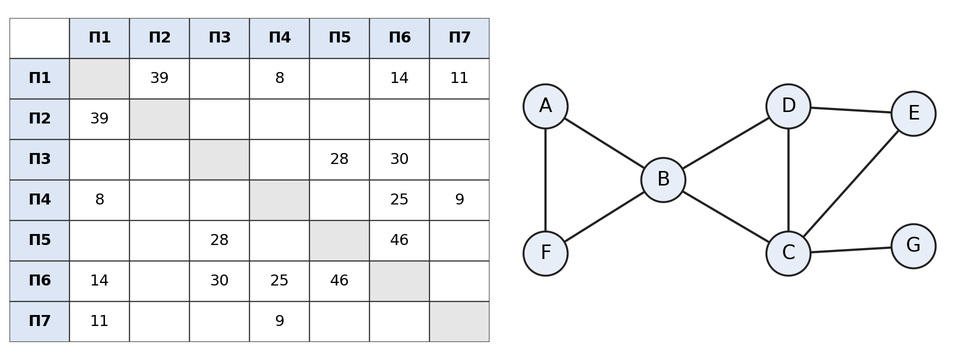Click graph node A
tap(545, 106)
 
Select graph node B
tap(663, 180)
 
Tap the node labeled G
tap(913, 246)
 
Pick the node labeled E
tap(913, 114)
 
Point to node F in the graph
tap(545, 253)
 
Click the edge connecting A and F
tap(545, 180)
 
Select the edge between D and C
tap(788, 180)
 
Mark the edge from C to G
tap(850, 250)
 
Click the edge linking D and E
tap(850, 110)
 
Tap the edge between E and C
tap(851, 183)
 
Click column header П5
tap(339, 38)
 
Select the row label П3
tap(39, 159)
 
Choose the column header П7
tap(459, 38)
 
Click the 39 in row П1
tap(159, 78)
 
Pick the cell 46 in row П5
tap(399, 240)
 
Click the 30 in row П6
tap(219, 281)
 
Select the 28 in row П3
tap(339, 159)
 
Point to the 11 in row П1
tap(459, 78)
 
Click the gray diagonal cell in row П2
tap(159, 119)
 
